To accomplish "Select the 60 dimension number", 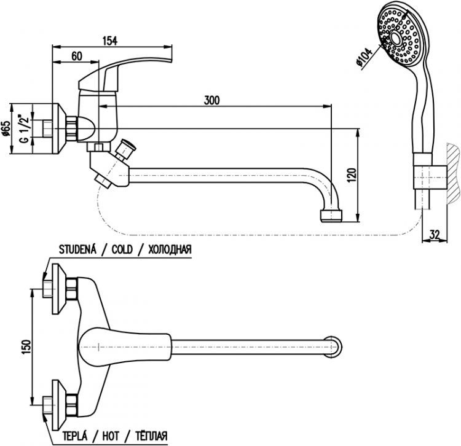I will click(77, 56).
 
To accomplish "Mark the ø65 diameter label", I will click(6, 128).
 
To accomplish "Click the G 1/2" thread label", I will click(23, 128).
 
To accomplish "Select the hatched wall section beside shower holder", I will click(452, 175).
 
